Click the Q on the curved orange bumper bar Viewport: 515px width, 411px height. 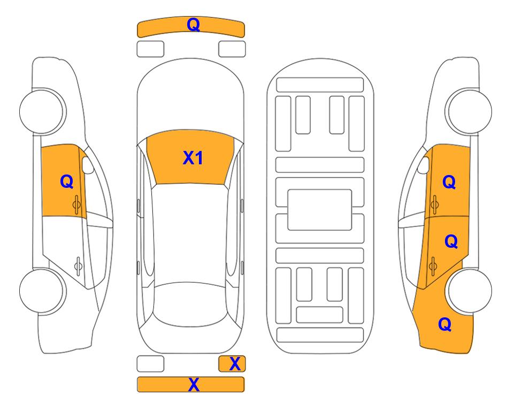point(193,24)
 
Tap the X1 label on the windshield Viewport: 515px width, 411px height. point(193,158)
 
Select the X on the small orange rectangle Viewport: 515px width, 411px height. point(235,364)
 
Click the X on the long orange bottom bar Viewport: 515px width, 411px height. point(194,384)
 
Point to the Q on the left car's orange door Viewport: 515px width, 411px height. point(67,181)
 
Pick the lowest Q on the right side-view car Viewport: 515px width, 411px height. point(445,324)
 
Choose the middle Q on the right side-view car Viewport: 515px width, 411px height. point(451,241)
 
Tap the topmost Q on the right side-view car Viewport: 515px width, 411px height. point(449,182)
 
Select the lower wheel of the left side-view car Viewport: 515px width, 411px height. point(41,291)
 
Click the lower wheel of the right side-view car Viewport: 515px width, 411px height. point(470,291)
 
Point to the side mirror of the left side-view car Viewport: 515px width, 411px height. point(88,165)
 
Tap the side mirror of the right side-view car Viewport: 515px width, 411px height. point(424,165)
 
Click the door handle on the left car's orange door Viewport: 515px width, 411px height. point(77,205)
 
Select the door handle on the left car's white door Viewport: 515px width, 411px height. point(78,265)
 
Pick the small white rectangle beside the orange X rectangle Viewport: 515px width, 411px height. point(150,364)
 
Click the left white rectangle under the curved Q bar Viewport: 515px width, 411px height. point(150,49)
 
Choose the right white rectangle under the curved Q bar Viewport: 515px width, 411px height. point(232,49)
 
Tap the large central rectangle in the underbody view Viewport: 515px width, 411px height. point(320,210)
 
